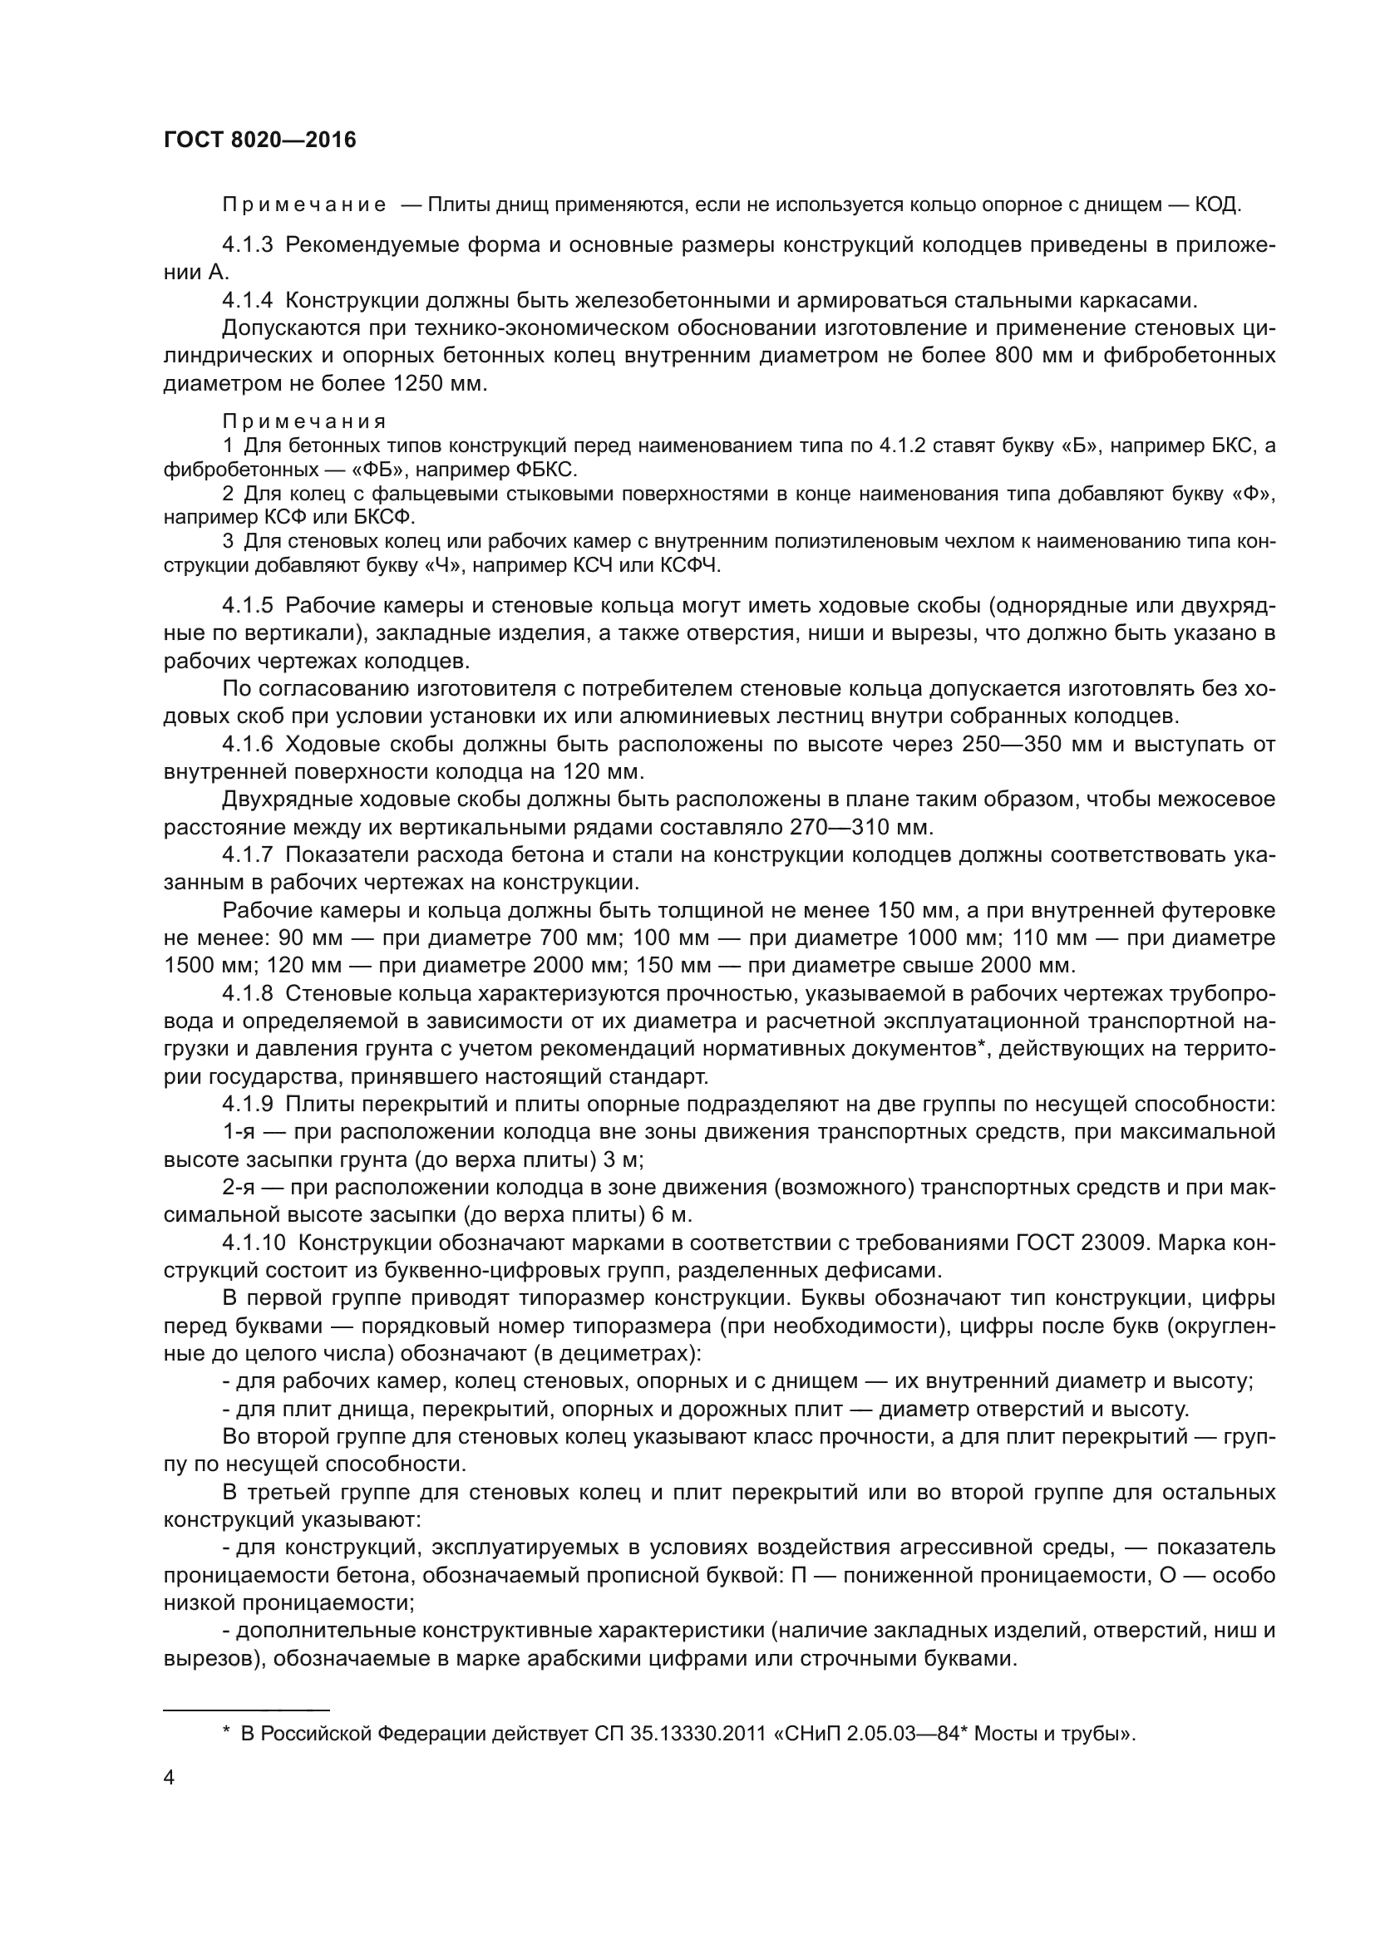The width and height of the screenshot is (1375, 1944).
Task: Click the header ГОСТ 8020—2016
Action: (x=260, y=140)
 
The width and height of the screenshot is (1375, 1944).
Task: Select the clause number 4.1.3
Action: (x=247, y=245)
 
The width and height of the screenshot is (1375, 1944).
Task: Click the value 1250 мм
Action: (x=441, y=383)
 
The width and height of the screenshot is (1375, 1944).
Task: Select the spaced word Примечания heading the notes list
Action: (x=304, y=421)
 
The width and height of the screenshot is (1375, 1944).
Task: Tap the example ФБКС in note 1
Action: (x=544, y=469)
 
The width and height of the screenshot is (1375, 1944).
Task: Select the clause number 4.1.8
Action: (x=247, y=993)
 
